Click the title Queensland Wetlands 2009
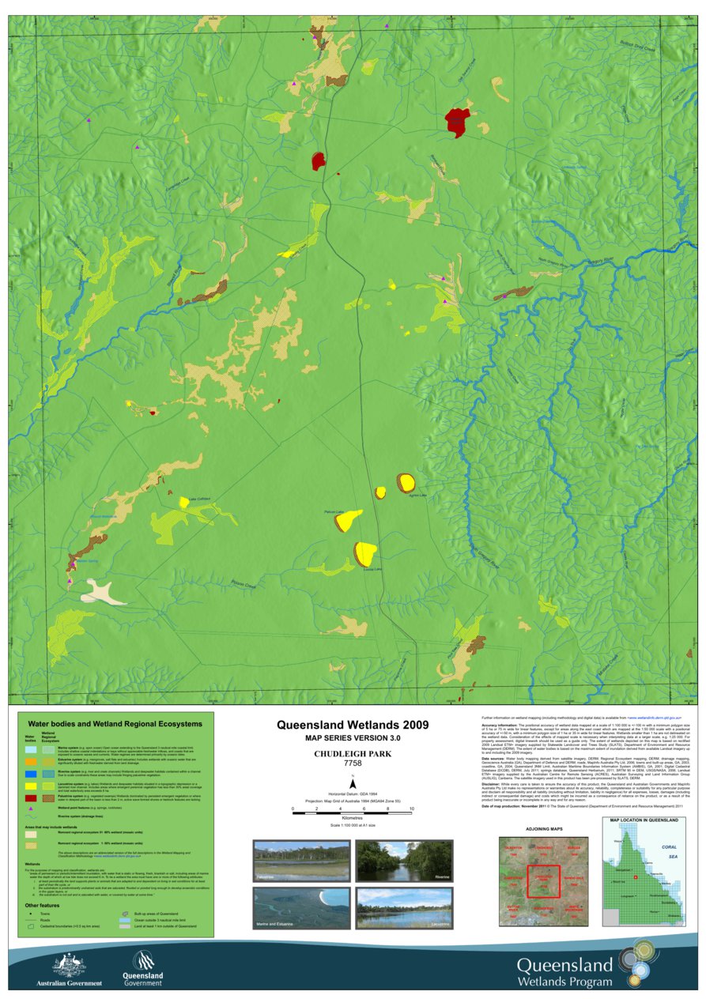[x=352, y=725]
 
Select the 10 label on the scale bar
[x=411, y=809]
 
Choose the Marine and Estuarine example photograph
[x=300, y=908]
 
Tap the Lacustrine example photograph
[x=403, y=908]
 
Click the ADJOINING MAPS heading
[x=544, y=829]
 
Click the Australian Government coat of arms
[x=69, y=964]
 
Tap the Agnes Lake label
[x=417, y=496]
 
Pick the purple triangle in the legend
[x=31, y=809]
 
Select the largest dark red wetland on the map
[x=457, y=121]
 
